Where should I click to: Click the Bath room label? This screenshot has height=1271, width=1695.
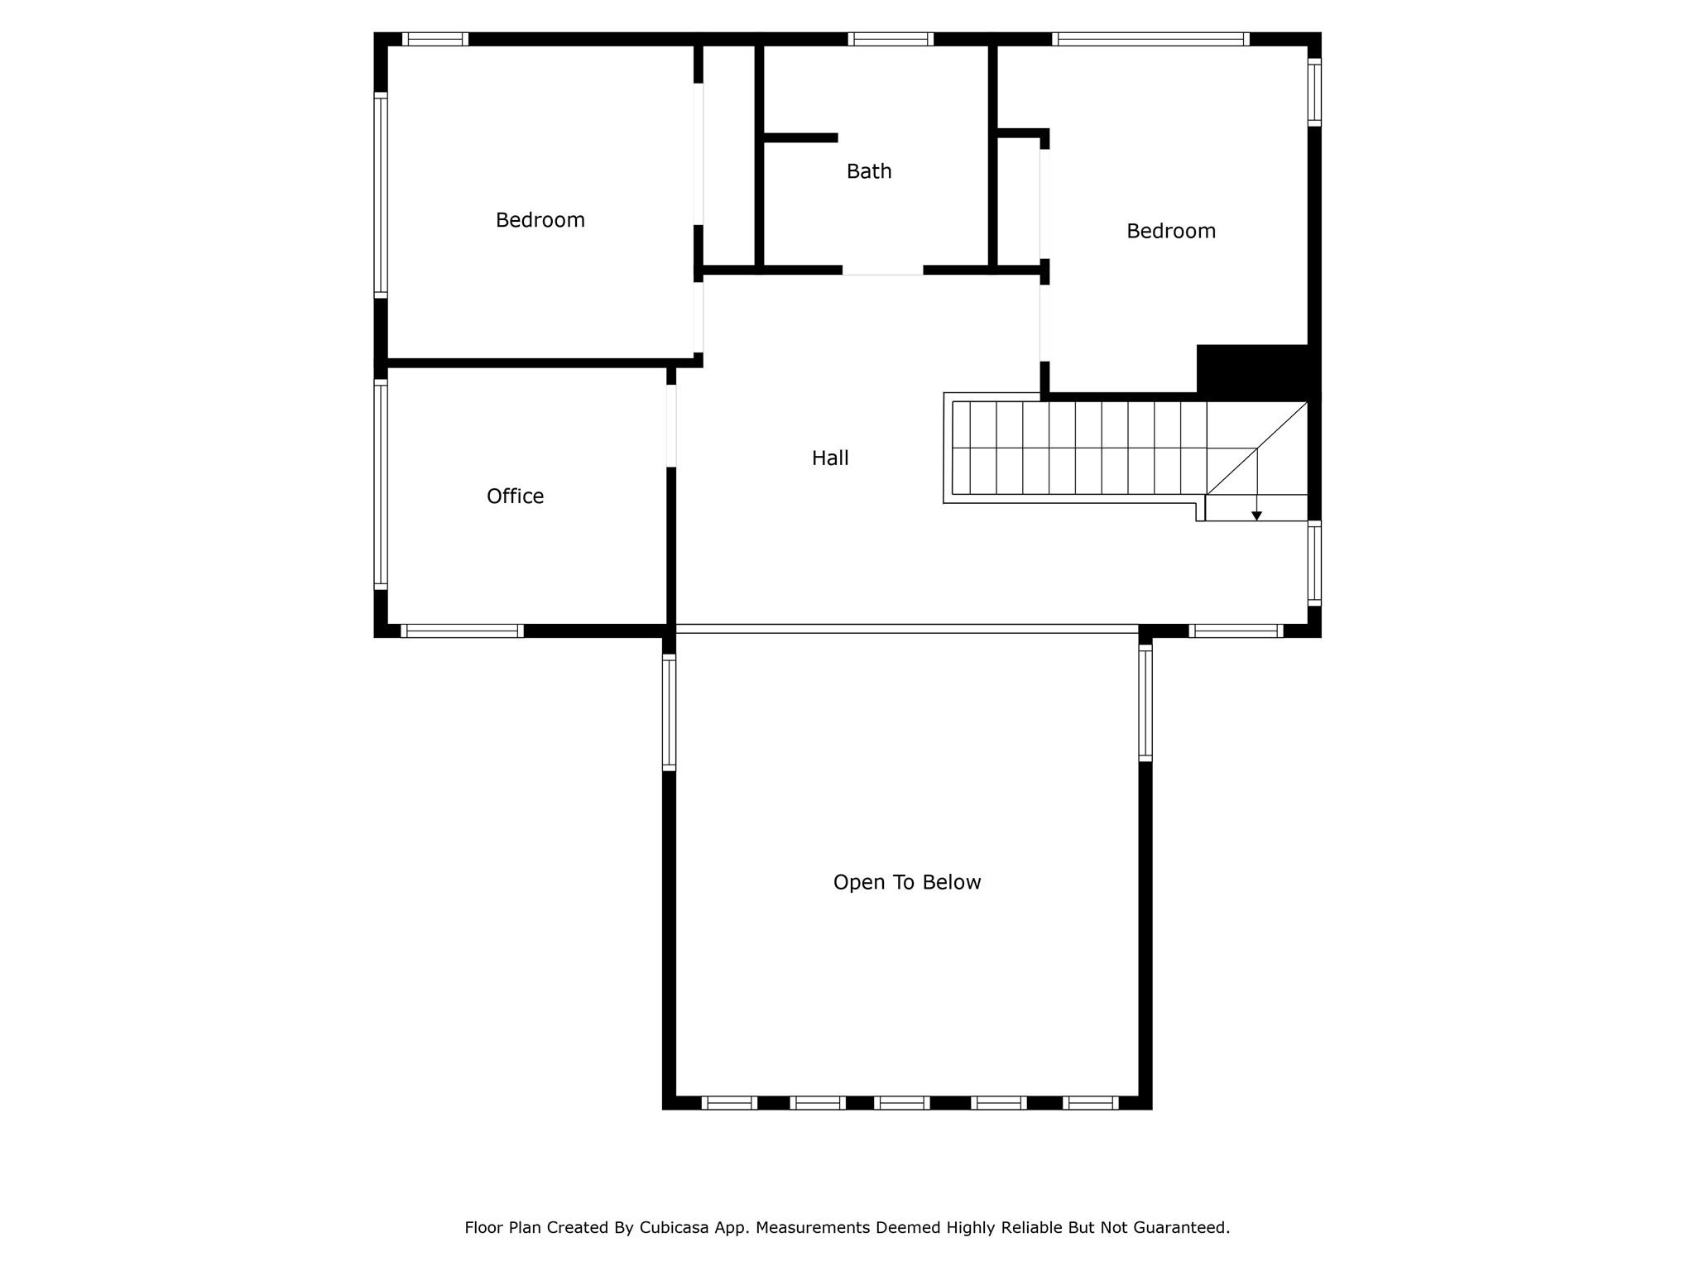click(x=869, y=171)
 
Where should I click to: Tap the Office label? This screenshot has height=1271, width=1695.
click(x=515, y=496)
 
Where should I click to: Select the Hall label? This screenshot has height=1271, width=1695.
click(x=830, y=458)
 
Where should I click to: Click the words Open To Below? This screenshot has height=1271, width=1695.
click(x=907, y=883)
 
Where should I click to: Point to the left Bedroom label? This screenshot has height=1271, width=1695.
click(x=540, y=220)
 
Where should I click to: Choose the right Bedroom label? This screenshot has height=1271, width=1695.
click(x=1171, y=231)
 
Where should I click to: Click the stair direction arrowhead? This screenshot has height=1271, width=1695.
click(x=1256, y=516)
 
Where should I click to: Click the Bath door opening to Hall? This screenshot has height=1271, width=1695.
click(x=882, y=270)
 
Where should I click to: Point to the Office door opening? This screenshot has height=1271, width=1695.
click(x=671, y=426)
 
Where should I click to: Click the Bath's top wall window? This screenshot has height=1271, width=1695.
click(x=891, y=39)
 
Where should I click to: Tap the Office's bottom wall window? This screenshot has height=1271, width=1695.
click(x=463, y=631)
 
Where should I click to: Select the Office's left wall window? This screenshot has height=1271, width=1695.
click(x=381, y=484)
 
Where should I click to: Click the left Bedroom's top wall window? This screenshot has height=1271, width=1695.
click(x=435, y=39)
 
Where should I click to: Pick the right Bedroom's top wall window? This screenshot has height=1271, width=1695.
click(x=1150, y=39)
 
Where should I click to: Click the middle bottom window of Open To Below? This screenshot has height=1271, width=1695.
click(x=902, y=1102)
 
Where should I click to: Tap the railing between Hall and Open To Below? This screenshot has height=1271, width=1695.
click(x=907, y=629)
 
